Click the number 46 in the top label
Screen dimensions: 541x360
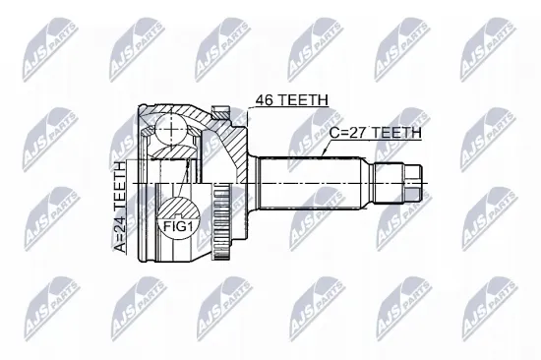click(x=264, y=99)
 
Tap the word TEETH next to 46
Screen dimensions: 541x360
click(x=302, y=99)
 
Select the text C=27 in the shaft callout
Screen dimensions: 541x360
click(x=348, y=133)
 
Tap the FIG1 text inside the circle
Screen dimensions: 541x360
click(x=177, y=227)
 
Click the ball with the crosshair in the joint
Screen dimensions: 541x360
click(x=171, y=131)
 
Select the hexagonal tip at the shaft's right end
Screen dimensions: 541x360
click(x=413, y=184)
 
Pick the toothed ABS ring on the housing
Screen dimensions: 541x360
click(x=218, y=221)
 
